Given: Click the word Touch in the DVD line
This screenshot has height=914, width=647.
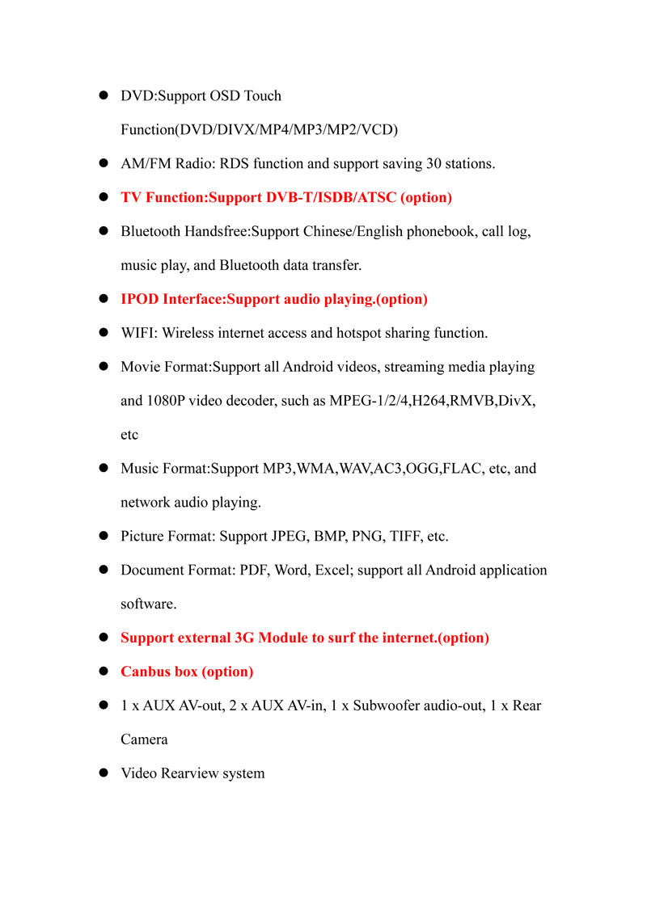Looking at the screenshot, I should (x=262, y=96).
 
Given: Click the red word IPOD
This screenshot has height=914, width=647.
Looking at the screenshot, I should (x=140, y=300).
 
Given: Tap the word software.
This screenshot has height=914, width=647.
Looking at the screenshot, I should (x=148, y=604).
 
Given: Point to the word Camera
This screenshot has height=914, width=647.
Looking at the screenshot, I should (x=144, y=740).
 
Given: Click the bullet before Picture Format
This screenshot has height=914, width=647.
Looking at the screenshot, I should (x=104, y=537).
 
